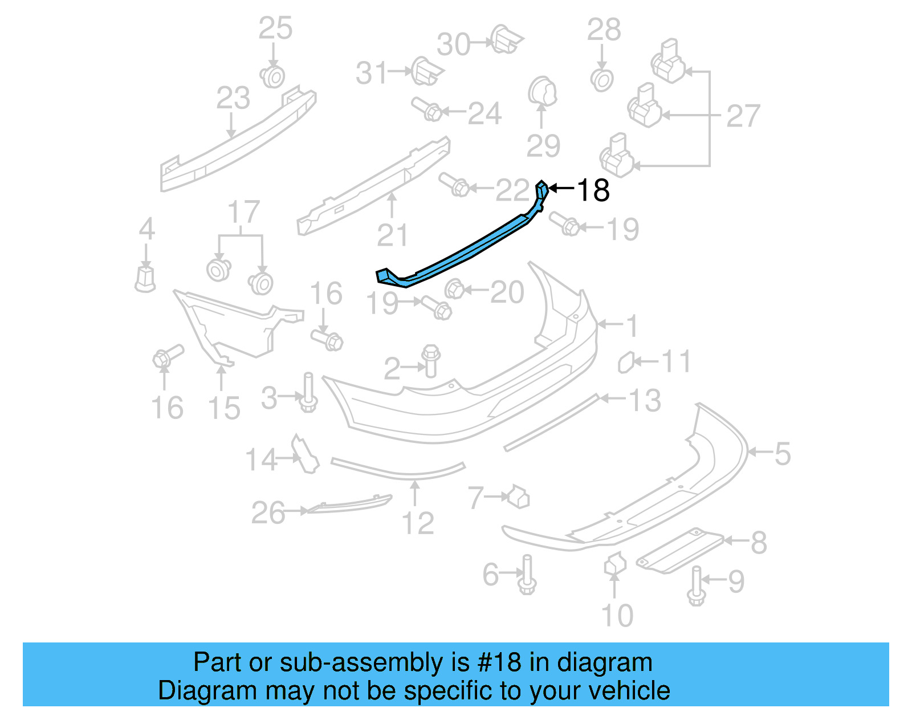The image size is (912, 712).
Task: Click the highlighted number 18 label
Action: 593,190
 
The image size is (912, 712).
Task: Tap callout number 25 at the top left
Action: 275,29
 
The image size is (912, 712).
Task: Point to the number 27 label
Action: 743,116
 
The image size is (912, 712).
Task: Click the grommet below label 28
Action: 602,80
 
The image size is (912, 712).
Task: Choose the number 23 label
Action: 233,98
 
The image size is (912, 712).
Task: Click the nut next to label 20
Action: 455,289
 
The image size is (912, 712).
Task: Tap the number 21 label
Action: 393,235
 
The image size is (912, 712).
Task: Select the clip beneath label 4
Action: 145,279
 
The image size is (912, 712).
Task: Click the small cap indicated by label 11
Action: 626,362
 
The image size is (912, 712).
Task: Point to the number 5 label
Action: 782,454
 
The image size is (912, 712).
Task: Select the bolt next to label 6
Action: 527,576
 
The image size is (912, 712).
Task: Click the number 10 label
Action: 617,616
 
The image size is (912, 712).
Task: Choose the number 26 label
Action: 268,512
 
